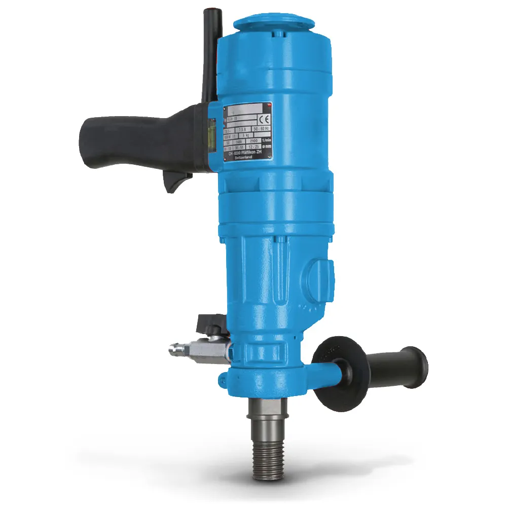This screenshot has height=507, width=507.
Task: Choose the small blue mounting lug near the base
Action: pyautogui.click(x=224, y=378)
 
